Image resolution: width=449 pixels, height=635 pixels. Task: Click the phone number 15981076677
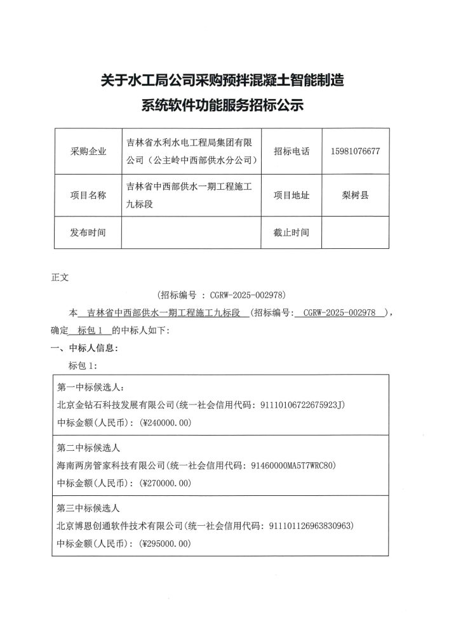[x=355, y=152]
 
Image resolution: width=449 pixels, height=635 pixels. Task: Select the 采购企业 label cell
[x=88, y=152]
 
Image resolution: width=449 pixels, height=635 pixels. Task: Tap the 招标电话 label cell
[x=292, y=152]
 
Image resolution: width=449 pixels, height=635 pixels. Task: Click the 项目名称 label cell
[x=88, y=195]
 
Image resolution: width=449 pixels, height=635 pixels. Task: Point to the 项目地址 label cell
[x=292, y=195]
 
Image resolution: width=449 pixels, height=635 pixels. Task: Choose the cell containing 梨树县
[x=355, y=195]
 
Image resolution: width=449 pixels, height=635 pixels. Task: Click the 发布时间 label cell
[x=88, y=232]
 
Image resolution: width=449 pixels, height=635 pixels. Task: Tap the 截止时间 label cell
[x=292, y=232]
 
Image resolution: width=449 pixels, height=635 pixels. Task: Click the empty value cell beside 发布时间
[x=191, y=232]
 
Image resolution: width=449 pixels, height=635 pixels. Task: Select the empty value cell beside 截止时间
[x=355, y=232]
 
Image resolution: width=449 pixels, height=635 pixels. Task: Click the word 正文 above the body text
[x=59, y=277]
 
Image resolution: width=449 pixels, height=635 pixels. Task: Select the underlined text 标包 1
[x=93, y=330]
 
